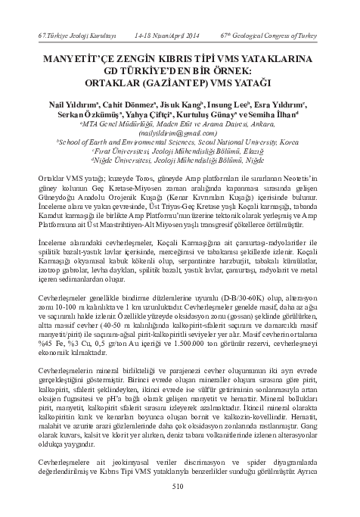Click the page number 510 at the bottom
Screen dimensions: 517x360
[179, 487]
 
